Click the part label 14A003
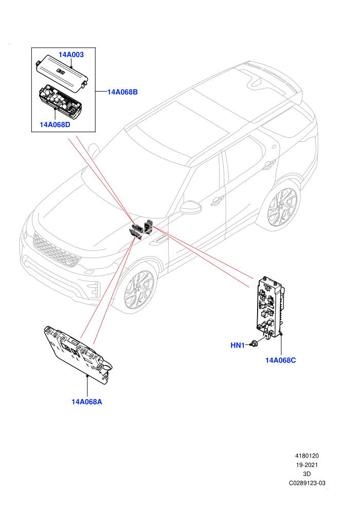pyautogui.click(x=71, y=54)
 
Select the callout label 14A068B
pyautogui.click(x=122, y=92)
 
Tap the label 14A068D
pyautogui.click(x=55, y=124)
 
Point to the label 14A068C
pyautogui.click(x=280, y=360)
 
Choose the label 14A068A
pyautogui.click(x=87, y=402)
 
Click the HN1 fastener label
pyautogui.click(x=237, y=346)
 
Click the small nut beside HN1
pyautogui.click(x=254, y=343)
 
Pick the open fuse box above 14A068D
pyautogui.click(x=60, y=100)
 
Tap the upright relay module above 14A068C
pyautogui.click(x=270, y=307)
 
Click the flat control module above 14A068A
pyautogui.click(x=78, y=355)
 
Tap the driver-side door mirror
pyautogui.click(x=191, y=207)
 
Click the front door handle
pyautogui.click(x=217, y=201)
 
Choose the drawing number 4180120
pyautogui.click(x=307, y=456)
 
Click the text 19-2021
pyautogui.click(x=307, y=465)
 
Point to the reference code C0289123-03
pyautogui.click(x=307, y=483)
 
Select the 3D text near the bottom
pyautogui.click(x=307, y=474)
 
